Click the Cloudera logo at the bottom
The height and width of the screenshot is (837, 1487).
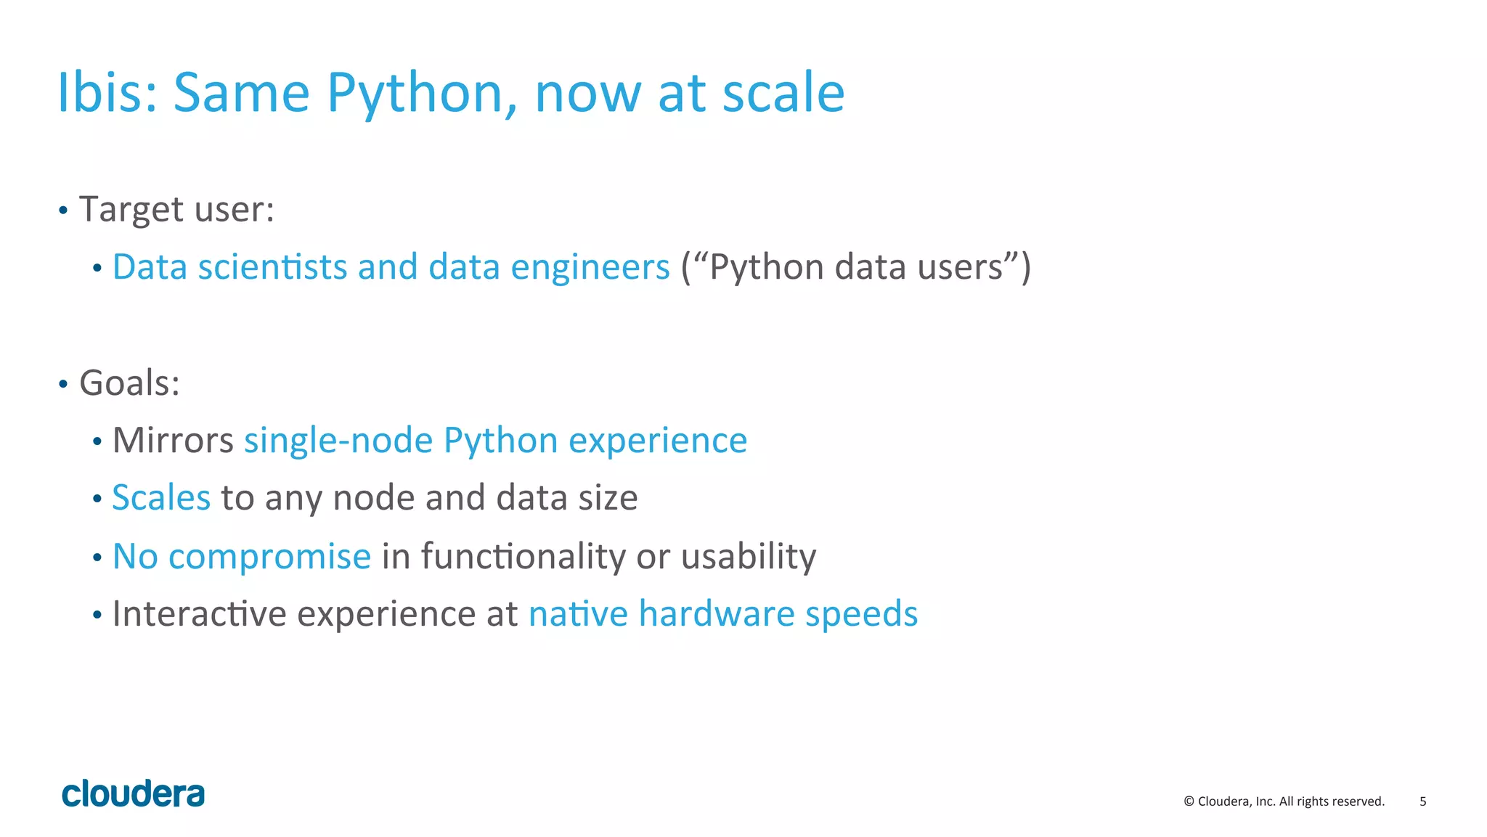coord(134,794)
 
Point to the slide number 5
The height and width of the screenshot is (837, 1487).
coord(1422,801)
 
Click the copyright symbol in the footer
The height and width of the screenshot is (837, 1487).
coord(1189,801)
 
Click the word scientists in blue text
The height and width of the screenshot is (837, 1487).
coord(272,267)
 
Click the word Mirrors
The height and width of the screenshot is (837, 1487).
coord(173,441)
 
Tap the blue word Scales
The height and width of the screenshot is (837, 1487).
coord(161,498)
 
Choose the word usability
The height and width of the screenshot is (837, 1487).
coord(749,557)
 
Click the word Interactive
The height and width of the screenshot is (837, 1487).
coord(200,614)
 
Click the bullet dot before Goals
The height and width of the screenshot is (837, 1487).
coord(63,384)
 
